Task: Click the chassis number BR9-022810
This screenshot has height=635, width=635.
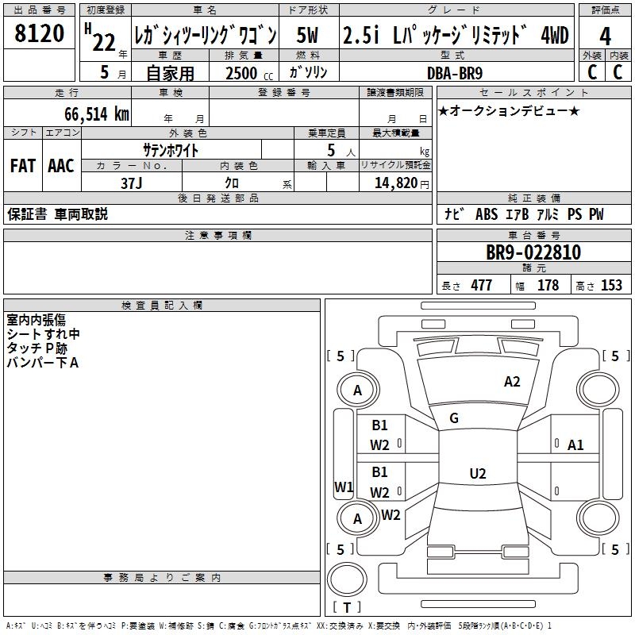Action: coord(533,253)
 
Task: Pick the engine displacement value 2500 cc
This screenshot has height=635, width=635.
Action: coord(242,73)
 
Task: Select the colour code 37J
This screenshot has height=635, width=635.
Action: coord(131,182)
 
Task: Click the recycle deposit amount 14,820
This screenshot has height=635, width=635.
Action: coord(394,183)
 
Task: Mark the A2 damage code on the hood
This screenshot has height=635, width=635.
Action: coord(512,382)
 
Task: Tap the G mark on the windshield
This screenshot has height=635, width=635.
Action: coord(454,418)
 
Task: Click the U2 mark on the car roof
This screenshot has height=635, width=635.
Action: coord(477,473)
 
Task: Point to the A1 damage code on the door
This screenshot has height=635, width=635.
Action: coord(575,445)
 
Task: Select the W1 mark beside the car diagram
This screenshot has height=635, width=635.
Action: coord(344,487)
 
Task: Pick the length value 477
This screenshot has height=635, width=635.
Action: coord(481,286)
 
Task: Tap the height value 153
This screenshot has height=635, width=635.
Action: coord(611,286)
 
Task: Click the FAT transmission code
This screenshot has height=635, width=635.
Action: coord(22,166)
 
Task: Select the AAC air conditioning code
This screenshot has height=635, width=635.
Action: coord(60,166)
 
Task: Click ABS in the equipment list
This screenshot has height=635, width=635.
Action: coord(487,214)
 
